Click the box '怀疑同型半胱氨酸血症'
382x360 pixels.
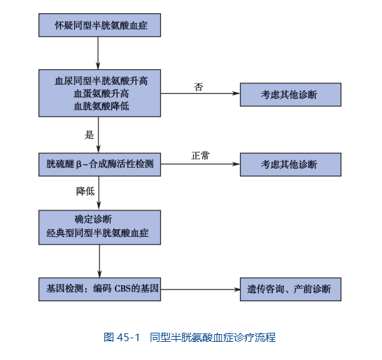tap(99, 25)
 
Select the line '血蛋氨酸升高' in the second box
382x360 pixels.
tap(101, 94)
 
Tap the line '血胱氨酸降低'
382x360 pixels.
tap(101, 106)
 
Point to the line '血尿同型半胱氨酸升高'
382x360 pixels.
tap(101, 81)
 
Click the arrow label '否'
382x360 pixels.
tap(198, 87)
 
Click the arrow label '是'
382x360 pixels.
tap(89, 135)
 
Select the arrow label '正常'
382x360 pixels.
tap(200, 155)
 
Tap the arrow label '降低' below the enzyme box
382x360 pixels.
tap(85, 191)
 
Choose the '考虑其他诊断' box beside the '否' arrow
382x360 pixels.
tap(290, 94)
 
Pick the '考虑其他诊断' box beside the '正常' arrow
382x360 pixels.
tap(290, 164)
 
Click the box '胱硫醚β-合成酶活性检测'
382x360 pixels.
tap(99, 164)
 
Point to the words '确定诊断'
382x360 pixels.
tap(93, 219)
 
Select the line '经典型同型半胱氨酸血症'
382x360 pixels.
tap(97, 233)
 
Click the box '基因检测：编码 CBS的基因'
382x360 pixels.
tap(99, 289)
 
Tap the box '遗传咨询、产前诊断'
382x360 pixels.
tap(290, 289)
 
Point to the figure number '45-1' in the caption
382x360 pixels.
tap(128, 338)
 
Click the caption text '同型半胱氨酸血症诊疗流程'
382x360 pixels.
tap(213, 338)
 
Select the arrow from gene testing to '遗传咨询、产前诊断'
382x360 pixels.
tap(201, 289)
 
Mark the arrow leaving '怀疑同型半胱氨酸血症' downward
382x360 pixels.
tap(98, 53)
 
